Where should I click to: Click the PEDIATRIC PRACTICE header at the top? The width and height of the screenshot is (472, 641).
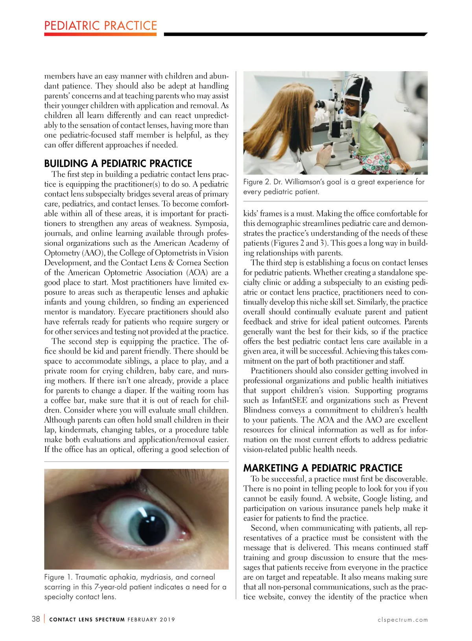point(101,26)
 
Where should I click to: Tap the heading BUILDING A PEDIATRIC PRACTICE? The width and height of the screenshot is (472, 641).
point(118,163)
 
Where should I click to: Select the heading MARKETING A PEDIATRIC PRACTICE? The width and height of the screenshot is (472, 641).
point(323,468)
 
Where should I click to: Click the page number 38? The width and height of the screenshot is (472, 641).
point(36,619)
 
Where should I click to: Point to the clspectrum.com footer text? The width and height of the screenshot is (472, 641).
point(402,620)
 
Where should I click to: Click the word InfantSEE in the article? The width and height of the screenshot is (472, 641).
point(289,400)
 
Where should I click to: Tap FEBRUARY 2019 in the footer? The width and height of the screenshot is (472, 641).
point(151,620)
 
